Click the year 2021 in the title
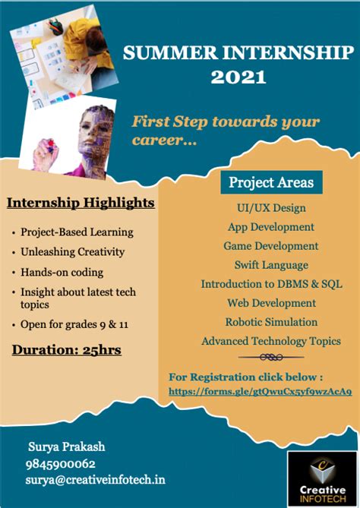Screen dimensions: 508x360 pos(238,77)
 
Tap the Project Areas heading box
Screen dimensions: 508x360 pos(271,182)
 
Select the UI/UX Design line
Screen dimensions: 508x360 pos(271,207)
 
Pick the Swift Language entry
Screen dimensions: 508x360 pos(271,265)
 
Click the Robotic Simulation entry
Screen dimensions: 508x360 pos(271,322)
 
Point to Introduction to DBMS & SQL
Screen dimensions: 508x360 pos(271,284)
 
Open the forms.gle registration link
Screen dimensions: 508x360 pos(261,392)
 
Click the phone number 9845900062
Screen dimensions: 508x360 pos(62,463)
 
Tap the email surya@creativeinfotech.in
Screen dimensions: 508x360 pos(96,480)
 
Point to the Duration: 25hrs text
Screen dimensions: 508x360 pos(67,350)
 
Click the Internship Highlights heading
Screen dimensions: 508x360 pos(81,203)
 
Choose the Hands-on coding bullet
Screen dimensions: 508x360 pos(62,272)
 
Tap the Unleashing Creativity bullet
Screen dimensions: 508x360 pos(73,252)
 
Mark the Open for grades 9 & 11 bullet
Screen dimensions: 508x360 pos(74,325)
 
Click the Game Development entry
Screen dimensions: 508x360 pos(271,246)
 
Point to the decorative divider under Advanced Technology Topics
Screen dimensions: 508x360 pos(270,357)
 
